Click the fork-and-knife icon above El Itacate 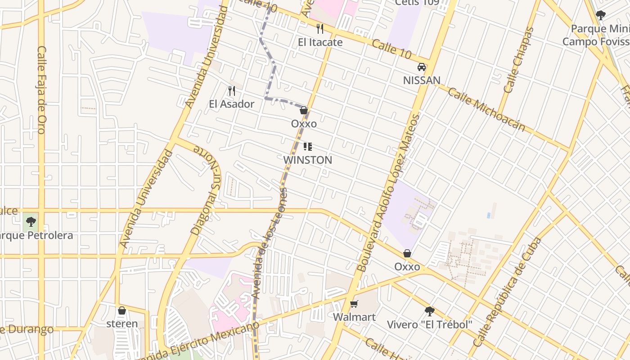coord(320,29)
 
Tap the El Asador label coord(231,104)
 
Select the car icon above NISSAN coord(421,67)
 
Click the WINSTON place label coord(308,160)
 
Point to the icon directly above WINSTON coord(308,147)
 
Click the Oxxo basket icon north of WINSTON coord(304,110)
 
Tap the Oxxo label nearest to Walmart coord(407,267)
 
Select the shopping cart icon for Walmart coord(354,304)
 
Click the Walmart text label coord(354,317)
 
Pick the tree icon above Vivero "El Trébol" coord(430,311)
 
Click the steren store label coord(122,324)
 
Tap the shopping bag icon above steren coord(122,310)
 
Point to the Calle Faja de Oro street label coord(41,90)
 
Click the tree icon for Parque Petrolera coord(31,221)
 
